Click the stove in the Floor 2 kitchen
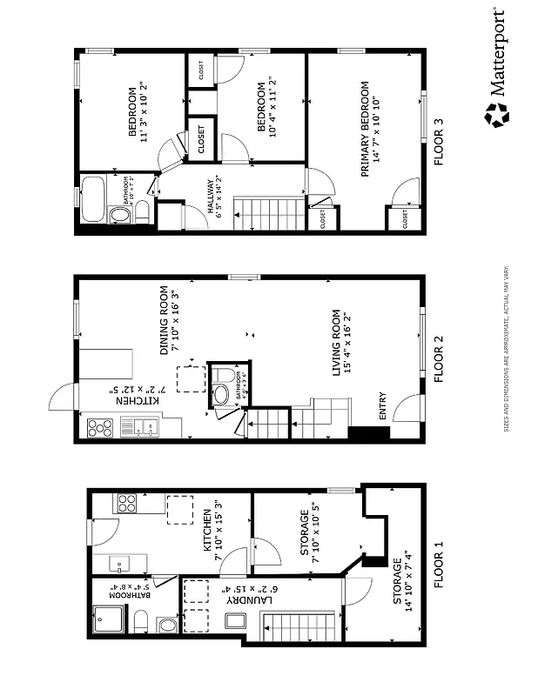coord(101,427)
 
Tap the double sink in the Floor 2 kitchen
coord(144,427)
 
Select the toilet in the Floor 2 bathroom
coord(222,391)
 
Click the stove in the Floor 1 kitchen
coord(127,505)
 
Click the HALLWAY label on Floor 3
coord(209,200)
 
